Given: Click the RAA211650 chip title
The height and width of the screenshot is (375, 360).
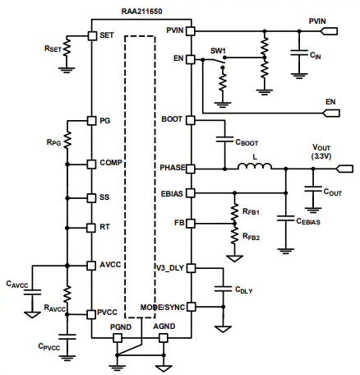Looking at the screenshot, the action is click(141, 12).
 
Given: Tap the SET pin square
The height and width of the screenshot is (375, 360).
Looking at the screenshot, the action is click(92, 35).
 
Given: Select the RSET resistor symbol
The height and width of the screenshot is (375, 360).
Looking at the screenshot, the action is click(67, 47).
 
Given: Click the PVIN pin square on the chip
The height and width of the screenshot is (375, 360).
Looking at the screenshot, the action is click(191, 31).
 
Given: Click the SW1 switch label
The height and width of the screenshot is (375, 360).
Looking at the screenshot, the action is click(218, 51).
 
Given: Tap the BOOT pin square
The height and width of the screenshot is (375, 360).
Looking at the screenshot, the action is click(191, 120).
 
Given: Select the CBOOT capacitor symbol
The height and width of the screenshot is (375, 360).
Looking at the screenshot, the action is click(225, 139).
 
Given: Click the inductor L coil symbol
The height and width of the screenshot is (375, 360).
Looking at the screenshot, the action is click(255, 166).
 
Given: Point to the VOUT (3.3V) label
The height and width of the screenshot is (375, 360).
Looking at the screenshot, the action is click(321, 151).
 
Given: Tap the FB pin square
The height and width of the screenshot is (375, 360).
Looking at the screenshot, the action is click(191, 224).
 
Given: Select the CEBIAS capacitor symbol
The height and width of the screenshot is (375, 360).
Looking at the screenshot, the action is click(285, 218).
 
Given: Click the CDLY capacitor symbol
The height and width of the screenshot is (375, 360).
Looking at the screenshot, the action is click(223, 289).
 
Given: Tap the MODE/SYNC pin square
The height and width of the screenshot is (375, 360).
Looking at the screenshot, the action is click(191, 307).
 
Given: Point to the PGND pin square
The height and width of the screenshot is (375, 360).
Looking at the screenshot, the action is click(118, 338).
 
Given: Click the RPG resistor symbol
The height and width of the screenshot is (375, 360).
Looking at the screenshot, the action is click(67, 140).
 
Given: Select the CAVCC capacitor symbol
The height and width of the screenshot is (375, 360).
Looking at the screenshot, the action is click(32, 292).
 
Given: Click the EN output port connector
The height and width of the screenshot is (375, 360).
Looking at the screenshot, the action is click(331, 113).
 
